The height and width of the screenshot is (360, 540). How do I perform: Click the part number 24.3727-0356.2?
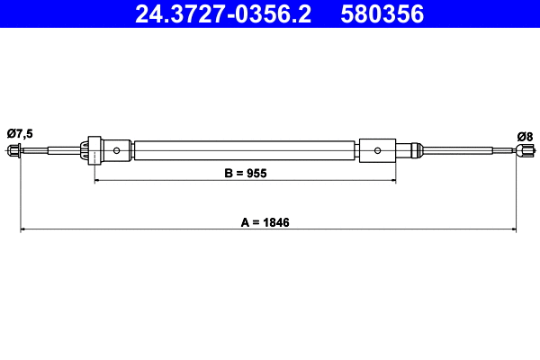click(220, 14)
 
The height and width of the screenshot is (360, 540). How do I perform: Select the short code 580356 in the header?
click(382, 14)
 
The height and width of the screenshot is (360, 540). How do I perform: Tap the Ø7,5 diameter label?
click(19, 133)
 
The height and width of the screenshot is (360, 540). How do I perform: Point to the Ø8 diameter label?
click(525, 136)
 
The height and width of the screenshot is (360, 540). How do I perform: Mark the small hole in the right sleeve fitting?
click(378, 150)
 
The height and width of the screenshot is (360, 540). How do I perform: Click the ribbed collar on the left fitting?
click(90, 150)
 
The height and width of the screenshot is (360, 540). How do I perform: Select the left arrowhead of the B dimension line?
click(98, 181)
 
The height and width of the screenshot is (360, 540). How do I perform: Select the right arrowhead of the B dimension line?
click(392, 181)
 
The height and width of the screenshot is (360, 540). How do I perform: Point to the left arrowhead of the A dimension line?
click(24, 229)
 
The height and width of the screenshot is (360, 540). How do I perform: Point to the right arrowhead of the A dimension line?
click(513, 229)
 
